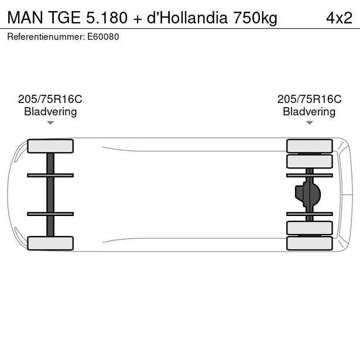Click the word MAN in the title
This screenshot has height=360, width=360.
pos(25,18)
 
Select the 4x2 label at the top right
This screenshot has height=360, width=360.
pos(339,18)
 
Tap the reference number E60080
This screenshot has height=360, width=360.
pos(103,37)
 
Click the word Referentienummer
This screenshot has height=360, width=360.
pos(46,37)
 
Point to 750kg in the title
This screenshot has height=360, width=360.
pos(255,18)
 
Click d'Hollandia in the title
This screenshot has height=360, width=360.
pos(187,18)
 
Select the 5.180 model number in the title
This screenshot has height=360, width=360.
pos(107,18)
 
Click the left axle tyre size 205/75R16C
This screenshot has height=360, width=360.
pos(50,99)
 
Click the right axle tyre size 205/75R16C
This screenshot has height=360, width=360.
pos(309,99)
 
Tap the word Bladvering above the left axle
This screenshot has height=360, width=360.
pos(50,112)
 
